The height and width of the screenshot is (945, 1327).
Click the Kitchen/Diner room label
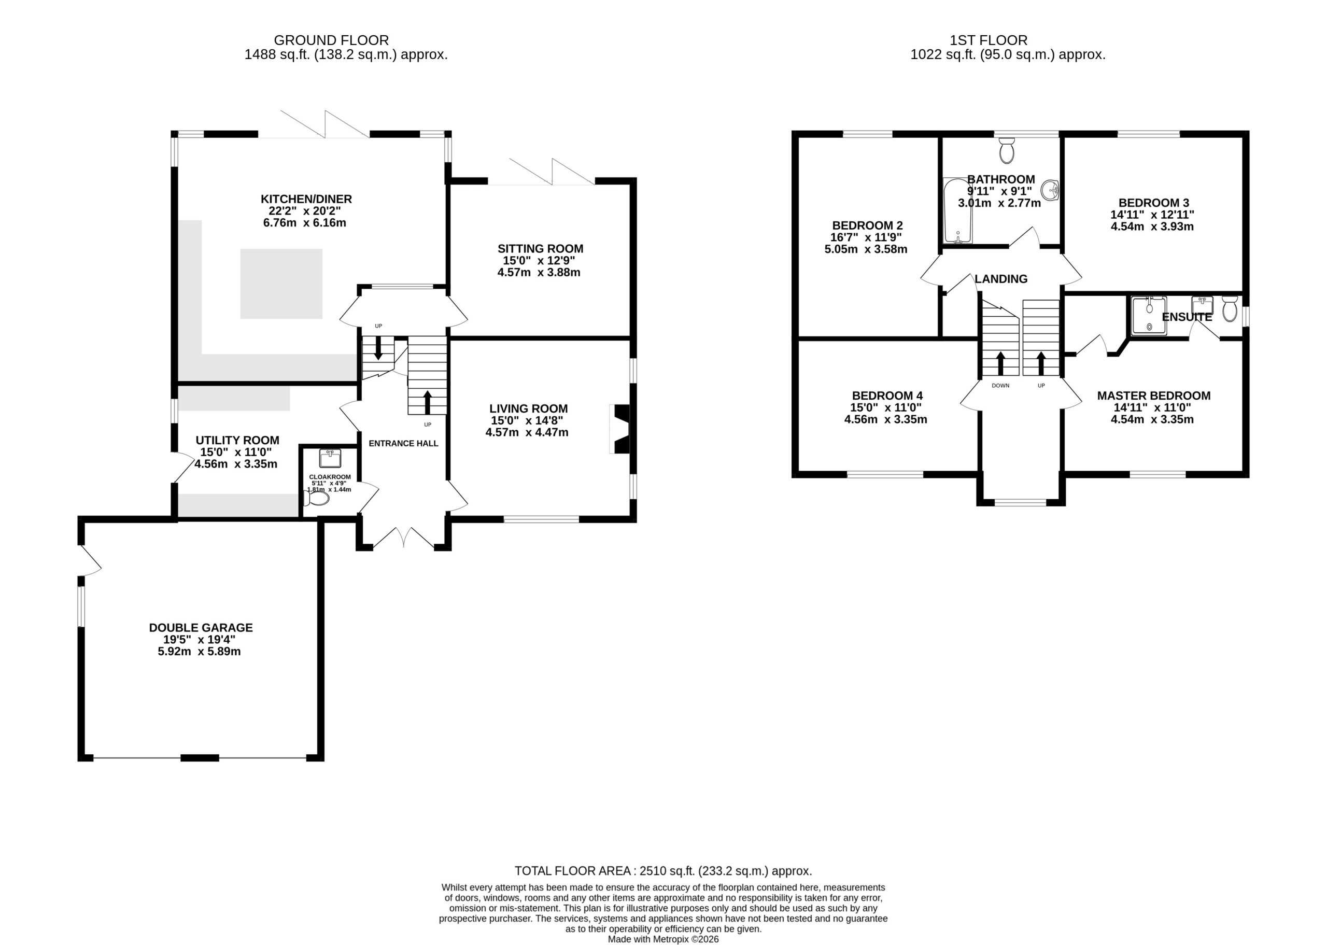coord(306,199)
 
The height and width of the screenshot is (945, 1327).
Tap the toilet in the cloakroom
coord(316,498)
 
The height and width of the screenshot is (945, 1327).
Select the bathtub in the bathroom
coord(957,210)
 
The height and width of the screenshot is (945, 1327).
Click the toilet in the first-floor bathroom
coord(1007,151)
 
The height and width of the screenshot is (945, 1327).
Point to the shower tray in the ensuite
coord(1149,315)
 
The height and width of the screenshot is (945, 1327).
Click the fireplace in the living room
coord(619,429)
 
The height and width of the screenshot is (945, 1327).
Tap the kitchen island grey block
coord(281,284)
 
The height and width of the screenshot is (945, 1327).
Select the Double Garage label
coord(201,628)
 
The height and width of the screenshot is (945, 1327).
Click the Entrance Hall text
coord(403,443)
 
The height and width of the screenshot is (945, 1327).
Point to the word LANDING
coord(1000,279)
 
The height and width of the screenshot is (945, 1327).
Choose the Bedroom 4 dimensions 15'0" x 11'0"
coord(886,408)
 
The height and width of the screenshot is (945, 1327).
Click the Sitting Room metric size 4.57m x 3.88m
coord(539,272)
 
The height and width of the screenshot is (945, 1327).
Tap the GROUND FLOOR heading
coord(331,40)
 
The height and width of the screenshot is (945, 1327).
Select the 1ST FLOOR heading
coord(989,40)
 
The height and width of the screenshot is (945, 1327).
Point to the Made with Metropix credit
coord(663,939)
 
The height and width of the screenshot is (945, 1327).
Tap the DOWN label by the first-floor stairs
coord(1000,386)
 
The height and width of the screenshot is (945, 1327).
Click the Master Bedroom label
coord(1154,396)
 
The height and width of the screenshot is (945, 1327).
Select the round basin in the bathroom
coord(1050,190)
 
